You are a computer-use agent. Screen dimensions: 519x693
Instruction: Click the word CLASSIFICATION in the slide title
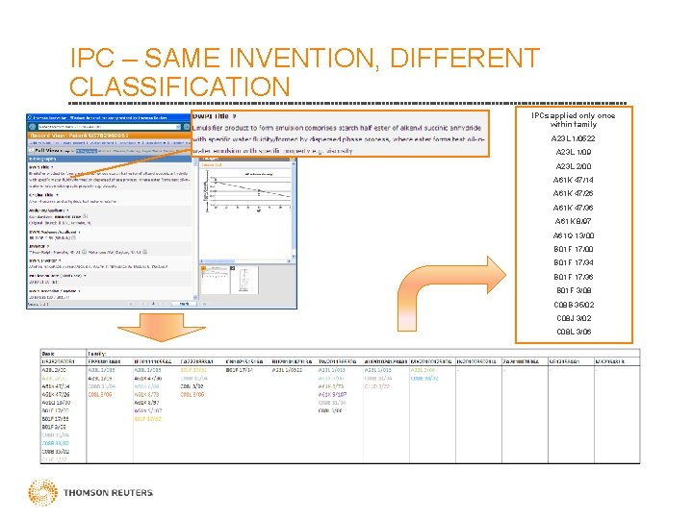(x=180, y=86)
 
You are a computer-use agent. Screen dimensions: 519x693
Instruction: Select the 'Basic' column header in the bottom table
(x=49, y=353)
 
